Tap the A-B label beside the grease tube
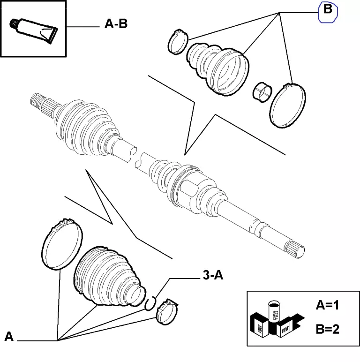click(115, 24)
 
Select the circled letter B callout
click(328, 12)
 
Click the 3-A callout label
click(213, 276)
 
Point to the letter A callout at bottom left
click(9, 336)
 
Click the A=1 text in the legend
click(327, 306)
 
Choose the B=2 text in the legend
click(327, 329)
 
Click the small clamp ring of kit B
click(177, 41)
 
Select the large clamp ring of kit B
click(288, 105)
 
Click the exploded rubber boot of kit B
click(218, 68)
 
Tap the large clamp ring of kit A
click(62, 245)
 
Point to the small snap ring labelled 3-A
click(150, 303)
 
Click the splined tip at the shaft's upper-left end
click(38, 101)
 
